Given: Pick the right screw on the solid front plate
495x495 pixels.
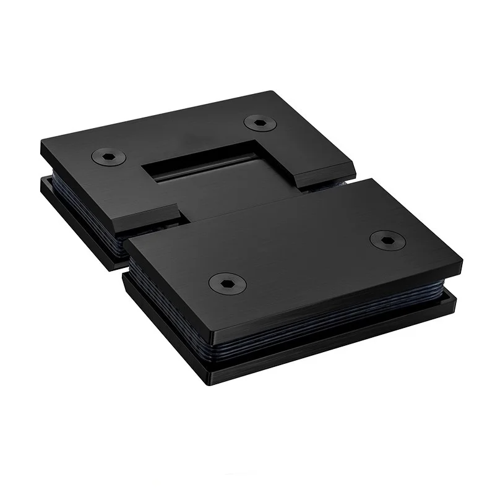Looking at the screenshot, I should [382, 238].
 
